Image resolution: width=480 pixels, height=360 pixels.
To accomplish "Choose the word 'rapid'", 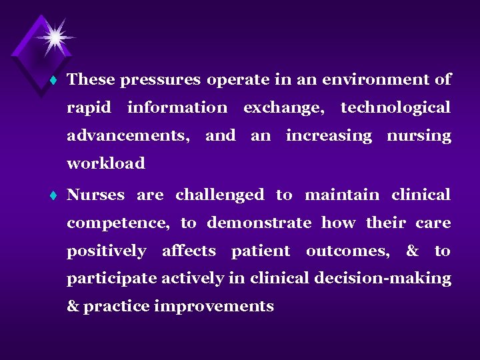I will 89,108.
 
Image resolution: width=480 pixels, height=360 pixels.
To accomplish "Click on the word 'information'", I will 177,107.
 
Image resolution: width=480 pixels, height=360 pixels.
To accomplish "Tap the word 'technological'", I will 395,107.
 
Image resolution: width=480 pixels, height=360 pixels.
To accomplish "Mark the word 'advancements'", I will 127,136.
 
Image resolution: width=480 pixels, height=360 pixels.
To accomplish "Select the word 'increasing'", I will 329,136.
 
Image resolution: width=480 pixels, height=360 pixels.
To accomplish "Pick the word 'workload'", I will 105,163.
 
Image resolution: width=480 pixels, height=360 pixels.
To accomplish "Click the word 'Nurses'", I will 95,195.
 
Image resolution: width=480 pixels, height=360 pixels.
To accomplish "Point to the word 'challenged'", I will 219,195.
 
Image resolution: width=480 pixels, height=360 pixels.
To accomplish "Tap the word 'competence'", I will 117,223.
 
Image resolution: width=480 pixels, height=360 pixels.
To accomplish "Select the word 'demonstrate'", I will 259,223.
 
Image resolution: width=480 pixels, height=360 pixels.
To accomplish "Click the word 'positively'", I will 106,251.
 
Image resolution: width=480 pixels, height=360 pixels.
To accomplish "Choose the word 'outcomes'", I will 347,251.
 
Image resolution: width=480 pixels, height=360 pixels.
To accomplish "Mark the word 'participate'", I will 111,279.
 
